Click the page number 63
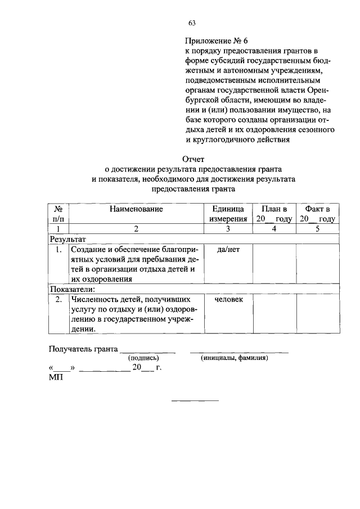pos(192,23)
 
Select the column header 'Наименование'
pos(136,209)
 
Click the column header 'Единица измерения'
pos(228,214)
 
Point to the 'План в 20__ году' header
pos(274,214)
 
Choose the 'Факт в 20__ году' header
pos(317,214)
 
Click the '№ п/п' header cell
pos(58,214)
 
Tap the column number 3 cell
pos(228,229)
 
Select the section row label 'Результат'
pos(67,239)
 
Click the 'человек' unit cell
pos(228,300)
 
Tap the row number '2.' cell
pos(58,300)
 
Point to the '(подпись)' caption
pos(144,358)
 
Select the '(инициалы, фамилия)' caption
pos(235,358)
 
